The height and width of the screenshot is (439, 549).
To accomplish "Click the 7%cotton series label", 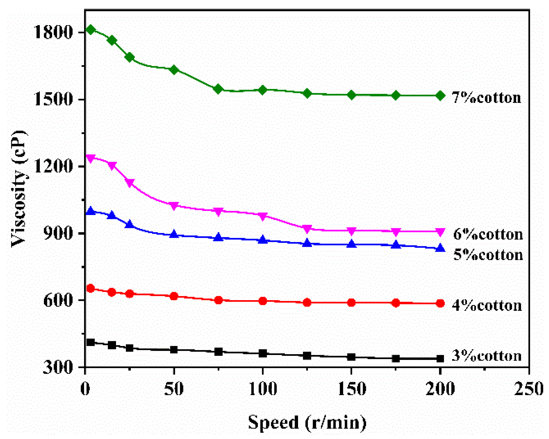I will click(486, 98).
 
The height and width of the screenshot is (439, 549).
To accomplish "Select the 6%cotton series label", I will click(488, 234).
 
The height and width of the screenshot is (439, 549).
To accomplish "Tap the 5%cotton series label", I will click(488, 255).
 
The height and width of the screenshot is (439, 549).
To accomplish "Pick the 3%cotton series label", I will click(487, 355).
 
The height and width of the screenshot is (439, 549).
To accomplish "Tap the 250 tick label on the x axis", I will click(529, 388).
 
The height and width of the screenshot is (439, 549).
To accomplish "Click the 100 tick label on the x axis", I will click(263, 388).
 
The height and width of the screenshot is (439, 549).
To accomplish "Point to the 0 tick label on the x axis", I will click(85, 388).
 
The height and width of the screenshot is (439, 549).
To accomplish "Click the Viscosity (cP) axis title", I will click(19, 189).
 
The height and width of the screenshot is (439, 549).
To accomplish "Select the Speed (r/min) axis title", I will click(307, 422).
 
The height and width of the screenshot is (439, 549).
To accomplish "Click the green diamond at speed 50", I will click(174, 70).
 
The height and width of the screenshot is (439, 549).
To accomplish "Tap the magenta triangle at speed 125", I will click(307, 229).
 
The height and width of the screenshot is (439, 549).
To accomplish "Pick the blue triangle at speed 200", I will click(440, 248).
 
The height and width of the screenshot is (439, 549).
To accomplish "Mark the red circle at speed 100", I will click(263, 301).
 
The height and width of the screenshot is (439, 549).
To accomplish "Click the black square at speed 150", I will click(351, 357).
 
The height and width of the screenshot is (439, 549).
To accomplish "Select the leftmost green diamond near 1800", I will click(91, 30).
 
